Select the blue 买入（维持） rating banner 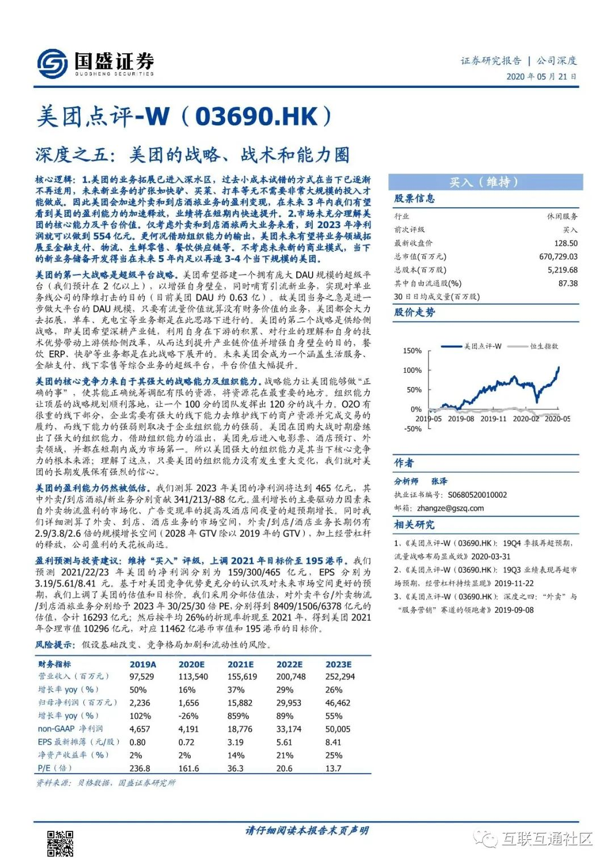point(485,182)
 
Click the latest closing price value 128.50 point(566,243)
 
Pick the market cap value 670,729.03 point(559,257)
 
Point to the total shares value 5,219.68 point(562,270)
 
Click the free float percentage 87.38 point(568,283)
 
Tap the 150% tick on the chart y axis point(412,351)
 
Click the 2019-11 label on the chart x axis point(493,419)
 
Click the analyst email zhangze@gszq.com point(450,508)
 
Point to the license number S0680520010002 point(477,495)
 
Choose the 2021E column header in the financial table point(241,664)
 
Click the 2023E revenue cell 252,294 point(340,676)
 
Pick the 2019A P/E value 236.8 point(140,768)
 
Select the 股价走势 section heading point(414,312)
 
